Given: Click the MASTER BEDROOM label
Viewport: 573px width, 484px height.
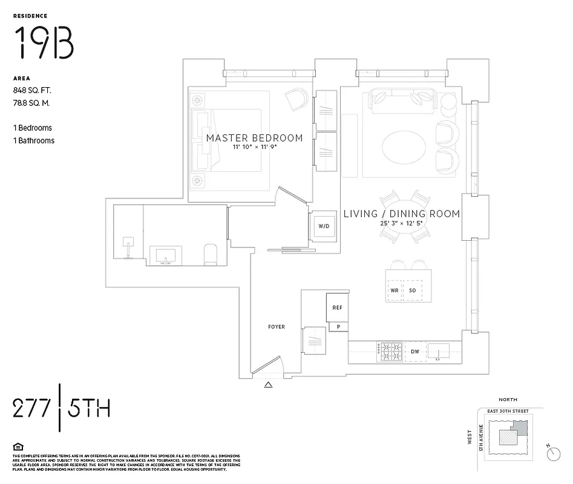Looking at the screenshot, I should coord(254,138).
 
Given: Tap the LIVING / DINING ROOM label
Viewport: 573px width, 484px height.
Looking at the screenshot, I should coord(402,214).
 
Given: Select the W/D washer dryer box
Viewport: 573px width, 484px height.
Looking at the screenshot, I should coord(324,226).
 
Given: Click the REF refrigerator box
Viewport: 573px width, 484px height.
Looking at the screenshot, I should coord(337,307).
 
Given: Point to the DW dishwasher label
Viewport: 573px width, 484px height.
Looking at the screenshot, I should coord(415,351).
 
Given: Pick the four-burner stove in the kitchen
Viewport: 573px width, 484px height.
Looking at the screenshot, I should coord(390,350).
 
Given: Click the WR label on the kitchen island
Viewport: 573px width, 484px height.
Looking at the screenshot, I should coord(394,290).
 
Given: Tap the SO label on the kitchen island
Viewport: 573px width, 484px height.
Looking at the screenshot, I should coord(413,290).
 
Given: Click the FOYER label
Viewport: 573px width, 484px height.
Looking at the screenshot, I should coord(277,327).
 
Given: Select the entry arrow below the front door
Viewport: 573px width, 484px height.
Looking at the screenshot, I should coord(269,384).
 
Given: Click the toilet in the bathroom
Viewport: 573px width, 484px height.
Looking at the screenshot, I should coord(211,255).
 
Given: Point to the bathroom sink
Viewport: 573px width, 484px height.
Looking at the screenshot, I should coord(165,255).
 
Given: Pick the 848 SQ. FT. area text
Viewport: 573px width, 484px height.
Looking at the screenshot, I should coord(32,90).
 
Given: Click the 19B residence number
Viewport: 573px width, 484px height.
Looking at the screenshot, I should coord(44,43).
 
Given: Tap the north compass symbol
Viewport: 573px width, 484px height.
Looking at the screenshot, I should coord(553,453).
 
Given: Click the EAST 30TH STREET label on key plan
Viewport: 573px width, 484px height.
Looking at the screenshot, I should coord(508,411).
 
